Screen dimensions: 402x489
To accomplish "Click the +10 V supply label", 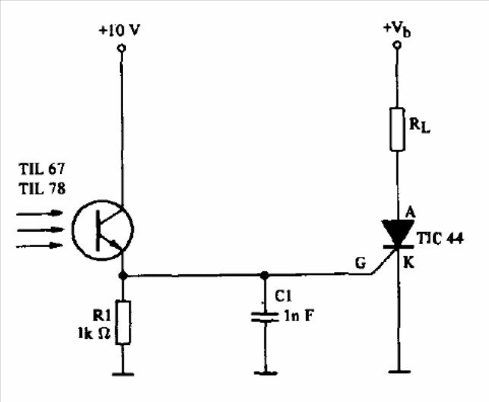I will pos(119,31).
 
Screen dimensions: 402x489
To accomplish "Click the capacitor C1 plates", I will pos(264,318).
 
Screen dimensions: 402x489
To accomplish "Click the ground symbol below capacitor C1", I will pos(264,372).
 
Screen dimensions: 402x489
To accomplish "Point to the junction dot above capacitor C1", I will pos(264,275).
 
